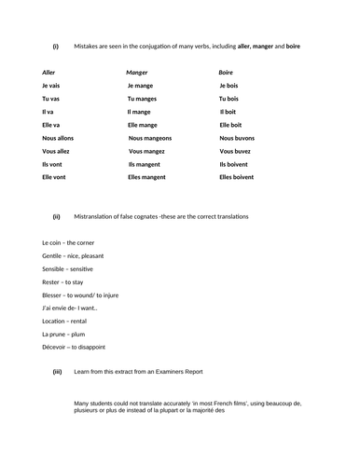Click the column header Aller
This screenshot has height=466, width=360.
tap(49, 72)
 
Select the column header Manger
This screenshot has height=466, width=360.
tap(137, 72)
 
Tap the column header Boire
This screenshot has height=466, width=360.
tap(226, 72)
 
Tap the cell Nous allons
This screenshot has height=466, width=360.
tap(58, 137)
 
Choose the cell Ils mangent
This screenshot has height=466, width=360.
tap(147, 163)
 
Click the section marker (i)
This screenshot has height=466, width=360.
tap(55, 46)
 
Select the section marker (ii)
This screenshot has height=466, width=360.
tap(56, 216)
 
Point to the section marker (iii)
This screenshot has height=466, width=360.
tap(57, 371)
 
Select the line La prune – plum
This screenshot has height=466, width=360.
tap(64, 333)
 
